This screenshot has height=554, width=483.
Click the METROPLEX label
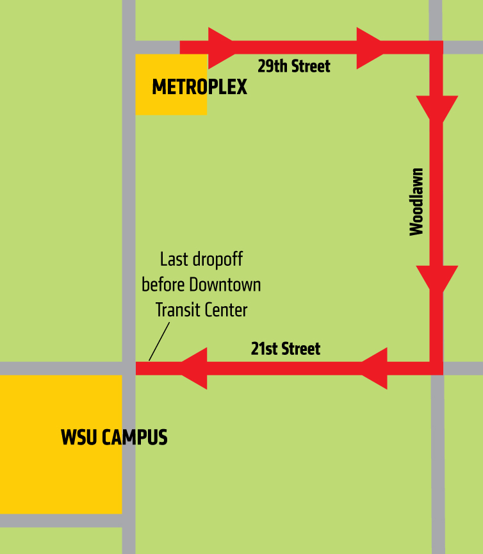[x=199, y=87]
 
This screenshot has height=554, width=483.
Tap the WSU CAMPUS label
[x=114, y=437]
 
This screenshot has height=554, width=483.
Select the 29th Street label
[x=294, y=66]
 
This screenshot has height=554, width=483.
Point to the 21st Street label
[x=286, y=349]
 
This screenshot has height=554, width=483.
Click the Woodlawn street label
[x=416, y=202]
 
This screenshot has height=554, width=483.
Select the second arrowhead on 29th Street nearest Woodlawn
[x=369, y=47]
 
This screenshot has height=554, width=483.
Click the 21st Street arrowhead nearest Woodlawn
[x=375, y=368]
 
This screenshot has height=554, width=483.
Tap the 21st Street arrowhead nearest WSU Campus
[x=195, y=368]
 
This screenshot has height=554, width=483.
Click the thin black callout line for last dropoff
[x=160, y=341]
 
